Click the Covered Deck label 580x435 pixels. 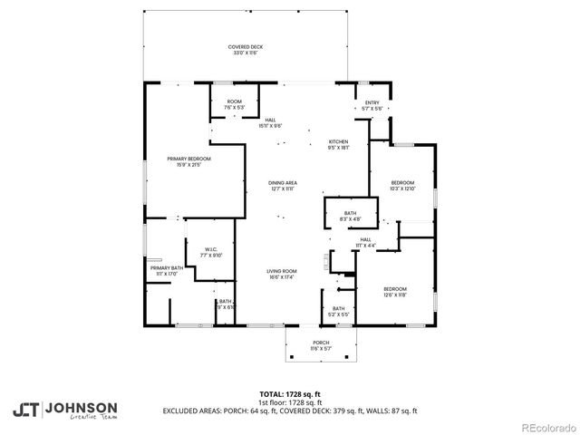[244, 49]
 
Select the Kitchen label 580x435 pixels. [338, 144]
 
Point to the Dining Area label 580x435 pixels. [282, 186]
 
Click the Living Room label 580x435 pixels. [282, 274]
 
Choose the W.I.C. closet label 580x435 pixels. [210, 253]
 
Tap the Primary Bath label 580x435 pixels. [167, 271]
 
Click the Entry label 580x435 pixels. [372, 105]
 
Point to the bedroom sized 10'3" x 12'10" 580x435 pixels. [401, 186]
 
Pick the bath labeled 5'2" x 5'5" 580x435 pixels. [338, 312]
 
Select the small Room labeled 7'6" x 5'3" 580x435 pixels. [234, 104]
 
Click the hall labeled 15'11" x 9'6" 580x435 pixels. [270, 122]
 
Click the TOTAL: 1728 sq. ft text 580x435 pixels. [290, 394]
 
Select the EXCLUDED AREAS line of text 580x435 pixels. [290, 411]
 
